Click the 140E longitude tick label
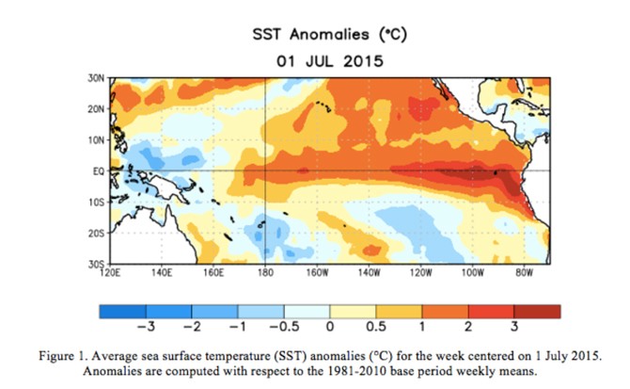point(161,273)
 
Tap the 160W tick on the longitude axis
point(317,273)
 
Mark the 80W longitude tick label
point(524,273)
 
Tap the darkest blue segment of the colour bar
point(121,311)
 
